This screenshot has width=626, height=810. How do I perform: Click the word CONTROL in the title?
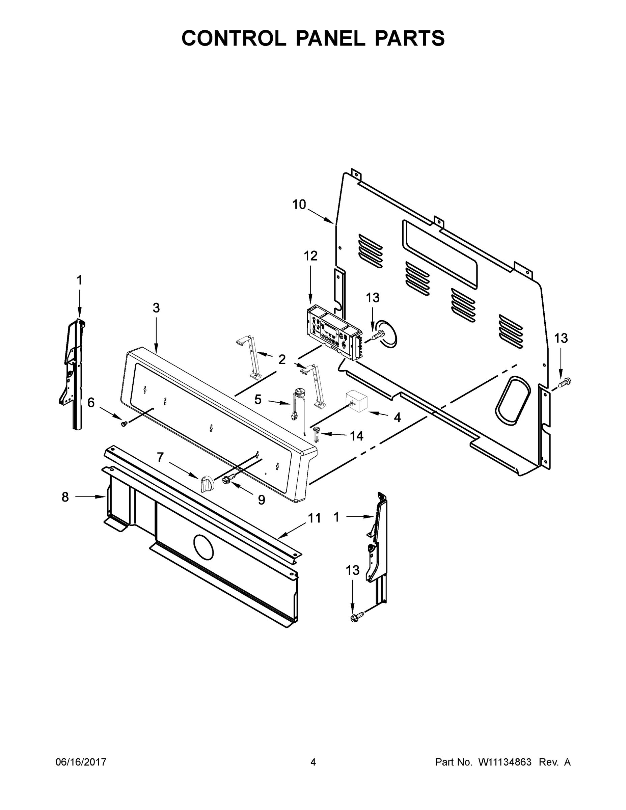pyautogui.click(x=234, y=38)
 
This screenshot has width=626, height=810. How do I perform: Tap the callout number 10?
pyautogui.click(x=299, y=204)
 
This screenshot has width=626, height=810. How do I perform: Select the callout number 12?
pyautogui.click(x=311, y=255)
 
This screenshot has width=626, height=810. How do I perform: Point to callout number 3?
pyautogui.click(x=156, y=307)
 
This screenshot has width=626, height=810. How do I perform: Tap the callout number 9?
pyautogui.click(x=262, y=500)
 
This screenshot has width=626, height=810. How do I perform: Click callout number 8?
pyautogui.click(x=65, y=497)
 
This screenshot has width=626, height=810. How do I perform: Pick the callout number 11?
pyautogui.click(x=314, y=518)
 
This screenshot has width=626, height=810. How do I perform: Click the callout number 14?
pyautogui.click(x=356, y=436)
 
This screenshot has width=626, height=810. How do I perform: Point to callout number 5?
pyautogui.click(x=258, y=400)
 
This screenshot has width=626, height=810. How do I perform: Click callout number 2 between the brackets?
pyautogui.click(x=282, y=359)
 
